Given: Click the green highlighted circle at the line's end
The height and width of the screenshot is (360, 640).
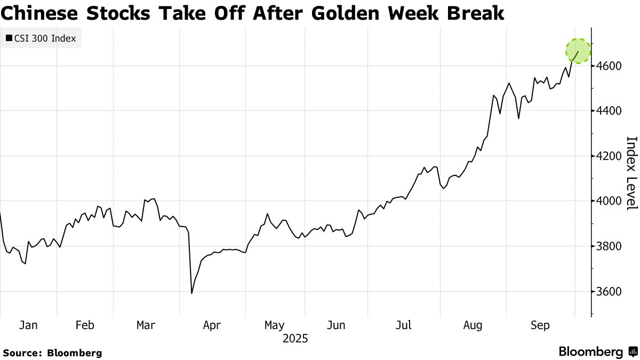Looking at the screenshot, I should point(578,51).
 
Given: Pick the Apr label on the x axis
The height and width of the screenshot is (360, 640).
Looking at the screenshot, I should point(212,325).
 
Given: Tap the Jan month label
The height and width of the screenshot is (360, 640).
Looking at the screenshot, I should point(29,325).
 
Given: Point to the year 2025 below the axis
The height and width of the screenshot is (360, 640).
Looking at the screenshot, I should point(295,339).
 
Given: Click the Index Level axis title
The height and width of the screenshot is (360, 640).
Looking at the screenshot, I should point(631,173).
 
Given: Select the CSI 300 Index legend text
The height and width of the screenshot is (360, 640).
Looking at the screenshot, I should point(45,38).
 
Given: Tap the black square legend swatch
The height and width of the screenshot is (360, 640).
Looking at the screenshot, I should point(9,38).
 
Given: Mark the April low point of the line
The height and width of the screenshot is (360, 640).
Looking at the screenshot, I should point(191,293).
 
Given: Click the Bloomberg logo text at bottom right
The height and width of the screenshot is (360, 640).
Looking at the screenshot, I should point(591,352).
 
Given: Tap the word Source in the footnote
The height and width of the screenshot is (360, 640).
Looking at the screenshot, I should point(22,353).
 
